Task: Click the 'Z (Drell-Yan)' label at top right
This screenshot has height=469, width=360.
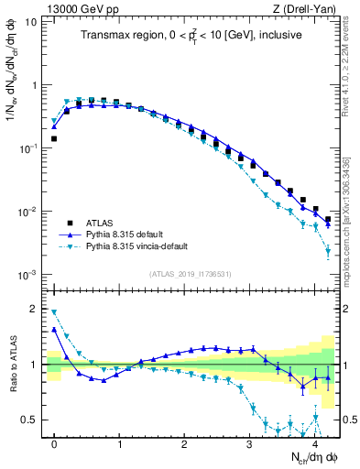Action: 307,9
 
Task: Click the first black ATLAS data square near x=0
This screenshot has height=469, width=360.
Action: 54,139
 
